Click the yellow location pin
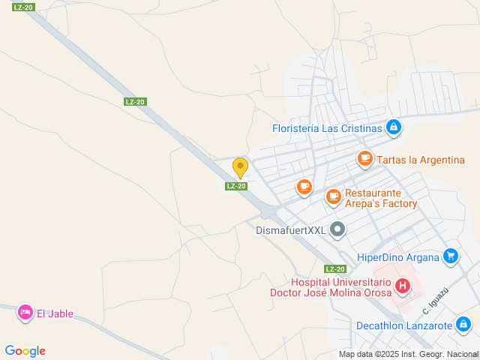[240, 167]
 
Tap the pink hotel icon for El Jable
[25, 312]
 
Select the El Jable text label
[55, 314]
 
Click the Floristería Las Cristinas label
[326, 128]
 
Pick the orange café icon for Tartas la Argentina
[365, 158]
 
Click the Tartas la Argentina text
[421, 160]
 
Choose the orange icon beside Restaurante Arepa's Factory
[334, 196]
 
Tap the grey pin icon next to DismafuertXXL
[337, 229]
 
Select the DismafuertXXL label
[291, 230]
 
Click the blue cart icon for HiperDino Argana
[450, 256]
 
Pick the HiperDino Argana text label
[397, 258]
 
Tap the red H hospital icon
[403, 285]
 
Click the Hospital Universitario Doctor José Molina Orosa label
[331, 287]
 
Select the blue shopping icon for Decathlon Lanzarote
[463, 324]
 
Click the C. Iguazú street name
[436, 300]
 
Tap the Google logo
[25, 350]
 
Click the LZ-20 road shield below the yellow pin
[236, 186]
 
